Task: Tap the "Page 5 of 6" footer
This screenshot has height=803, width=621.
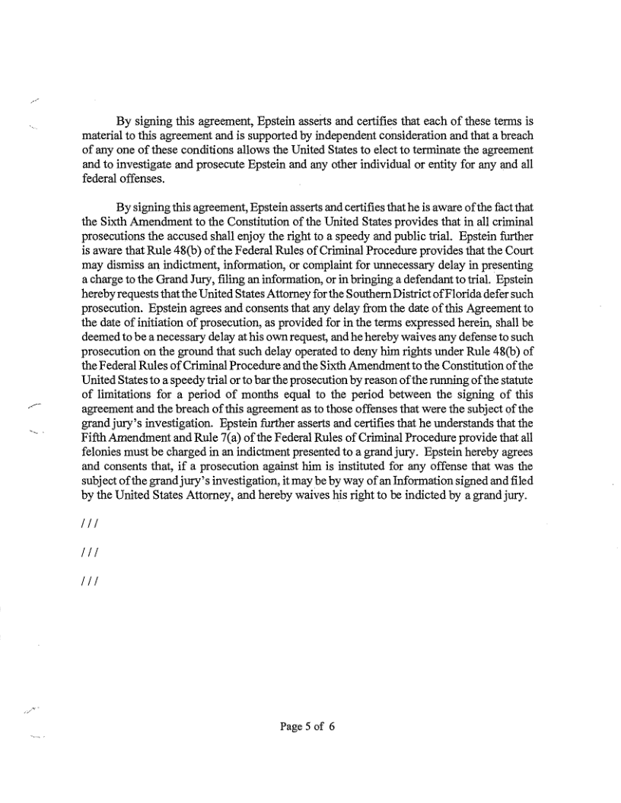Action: tap(308, 726)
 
